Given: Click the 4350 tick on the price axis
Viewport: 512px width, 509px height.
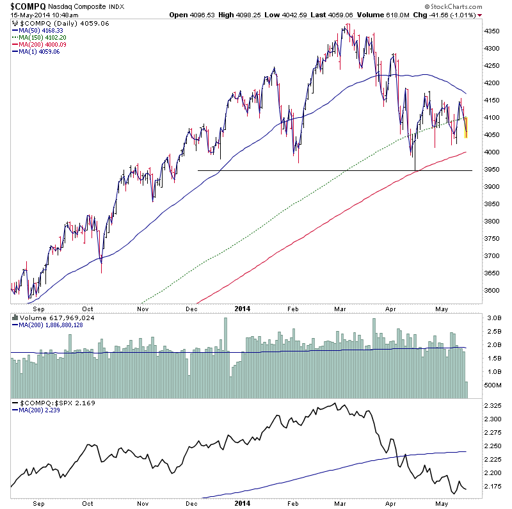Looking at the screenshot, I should (492, 31).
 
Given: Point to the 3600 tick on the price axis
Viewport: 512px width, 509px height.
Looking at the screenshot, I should (492, 290).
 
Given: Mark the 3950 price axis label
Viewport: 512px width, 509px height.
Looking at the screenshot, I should (492, 169).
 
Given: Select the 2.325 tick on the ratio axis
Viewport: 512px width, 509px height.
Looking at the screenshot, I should (492, 405).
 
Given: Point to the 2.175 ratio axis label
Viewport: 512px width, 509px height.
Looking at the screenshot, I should (492, 486).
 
